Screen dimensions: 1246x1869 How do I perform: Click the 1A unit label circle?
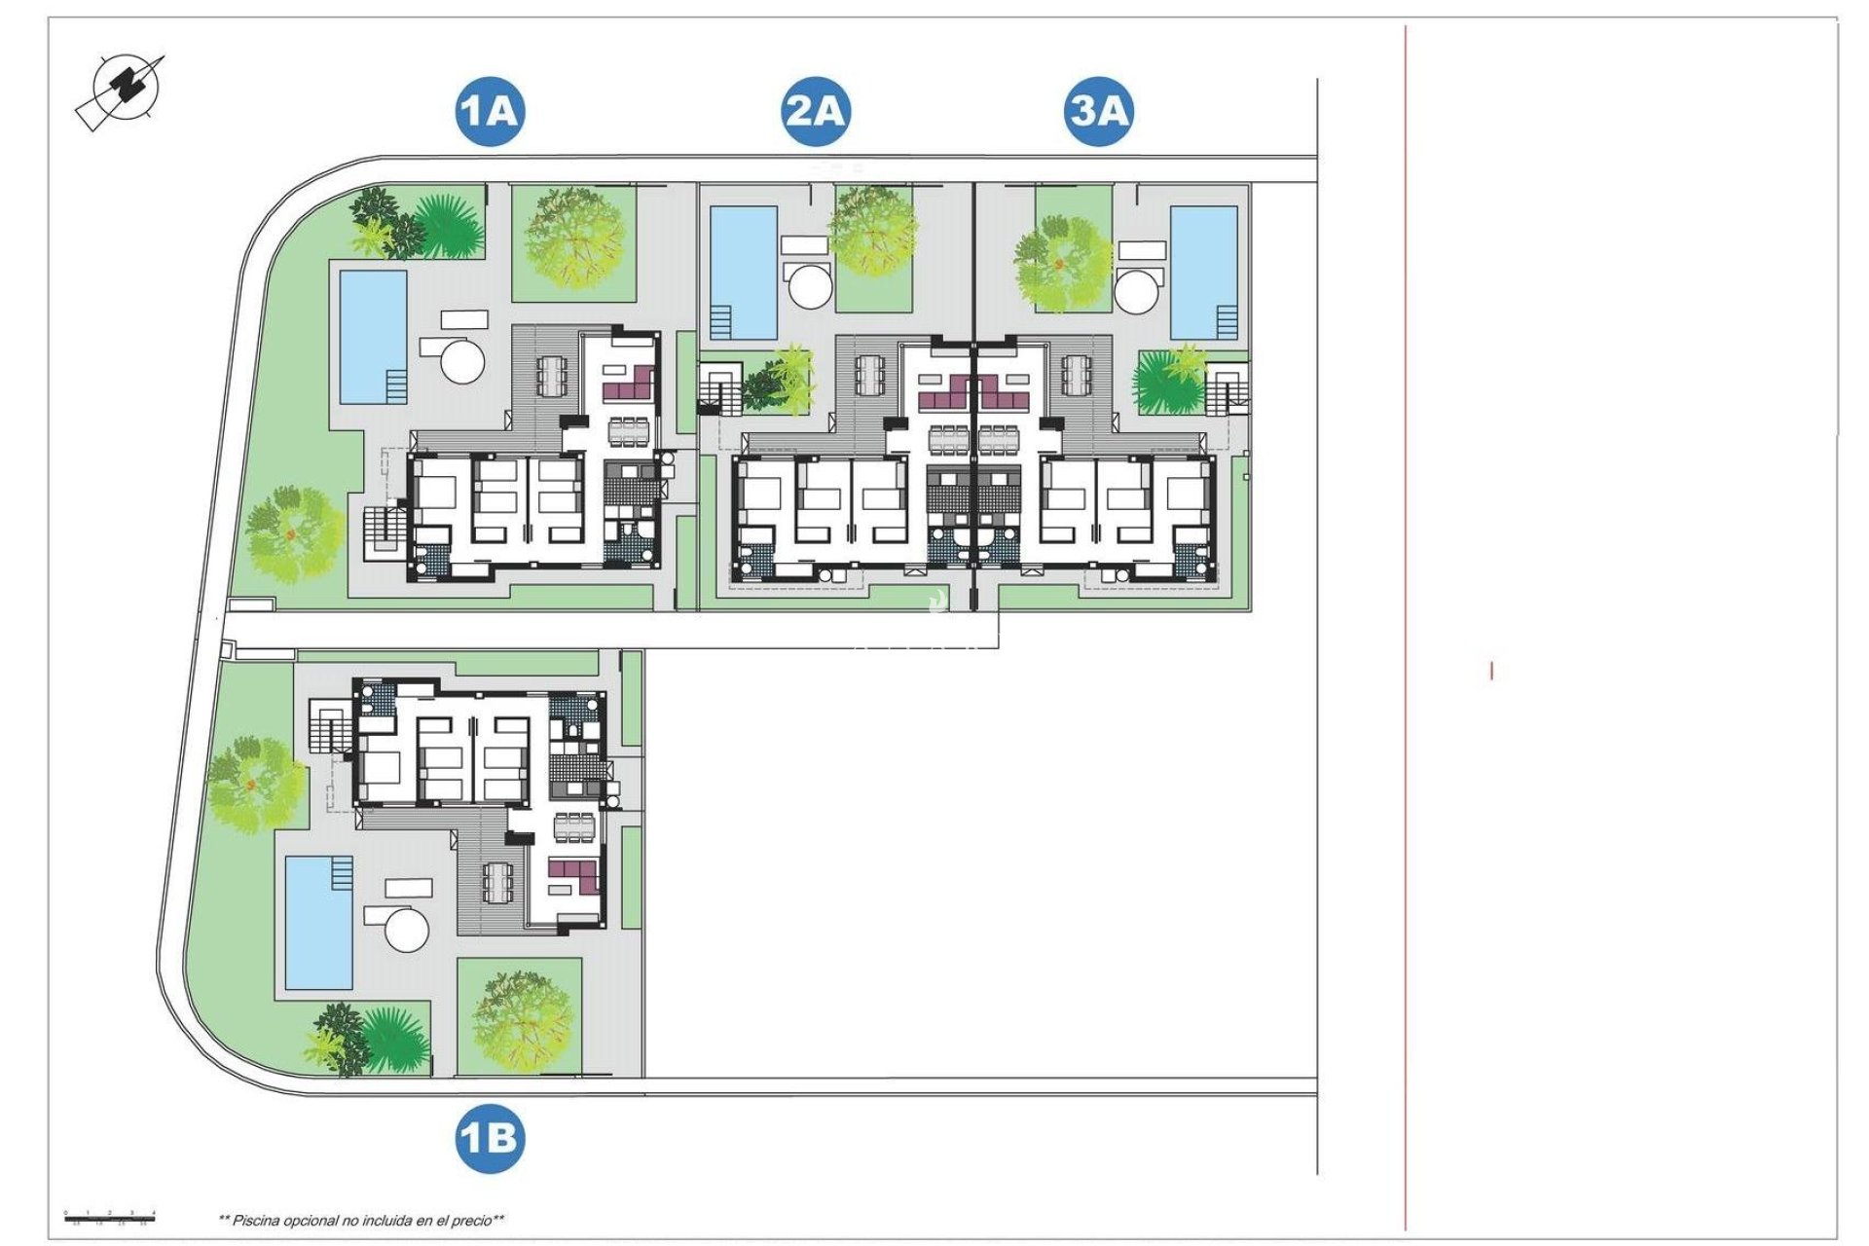(x=490, y=111)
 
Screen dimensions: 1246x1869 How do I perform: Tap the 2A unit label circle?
(x=816, y=111)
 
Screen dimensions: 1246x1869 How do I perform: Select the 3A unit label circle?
(x=1099, y=111)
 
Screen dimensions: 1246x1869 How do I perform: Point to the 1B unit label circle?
(x=490, y=1138)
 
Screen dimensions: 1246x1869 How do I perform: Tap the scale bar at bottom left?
(x=110, y=1216)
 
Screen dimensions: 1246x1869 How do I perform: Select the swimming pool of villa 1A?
(x=373, y=337)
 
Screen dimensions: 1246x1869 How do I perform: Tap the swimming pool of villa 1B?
(x=319, y=922)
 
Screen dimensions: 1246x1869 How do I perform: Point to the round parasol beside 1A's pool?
(x=462, y=360)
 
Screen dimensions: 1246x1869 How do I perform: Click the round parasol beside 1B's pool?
(x=407, y=929)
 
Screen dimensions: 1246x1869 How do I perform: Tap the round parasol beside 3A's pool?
(x=1138, y=289)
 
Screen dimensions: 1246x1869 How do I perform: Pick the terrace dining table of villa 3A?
(x=1078, y=375)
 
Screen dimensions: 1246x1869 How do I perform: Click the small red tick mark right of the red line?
(x=1491, y=671)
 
